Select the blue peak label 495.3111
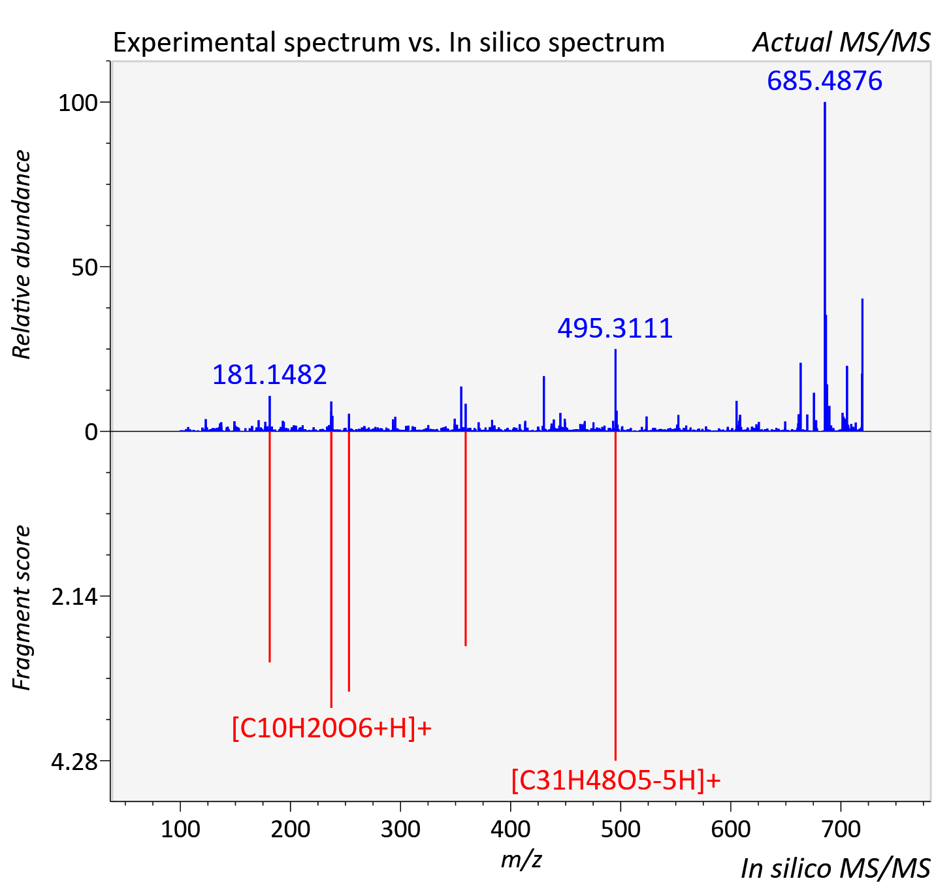point(615,329)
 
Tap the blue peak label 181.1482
point(270,374)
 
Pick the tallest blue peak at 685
point(824,266)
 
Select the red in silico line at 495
point(615,596)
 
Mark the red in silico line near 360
point(466,539)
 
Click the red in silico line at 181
point(270,547)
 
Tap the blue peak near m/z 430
point(543,404)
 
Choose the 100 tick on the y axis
point(77,103)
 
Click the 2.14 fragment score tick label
point(74,596)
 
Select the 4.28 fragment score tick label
point(74,761)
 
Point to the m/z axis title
point(521,859)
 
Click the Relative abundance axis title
point(22,254)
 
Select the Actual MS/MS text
point(841,42)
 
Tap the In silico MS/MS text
point(835,868)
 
